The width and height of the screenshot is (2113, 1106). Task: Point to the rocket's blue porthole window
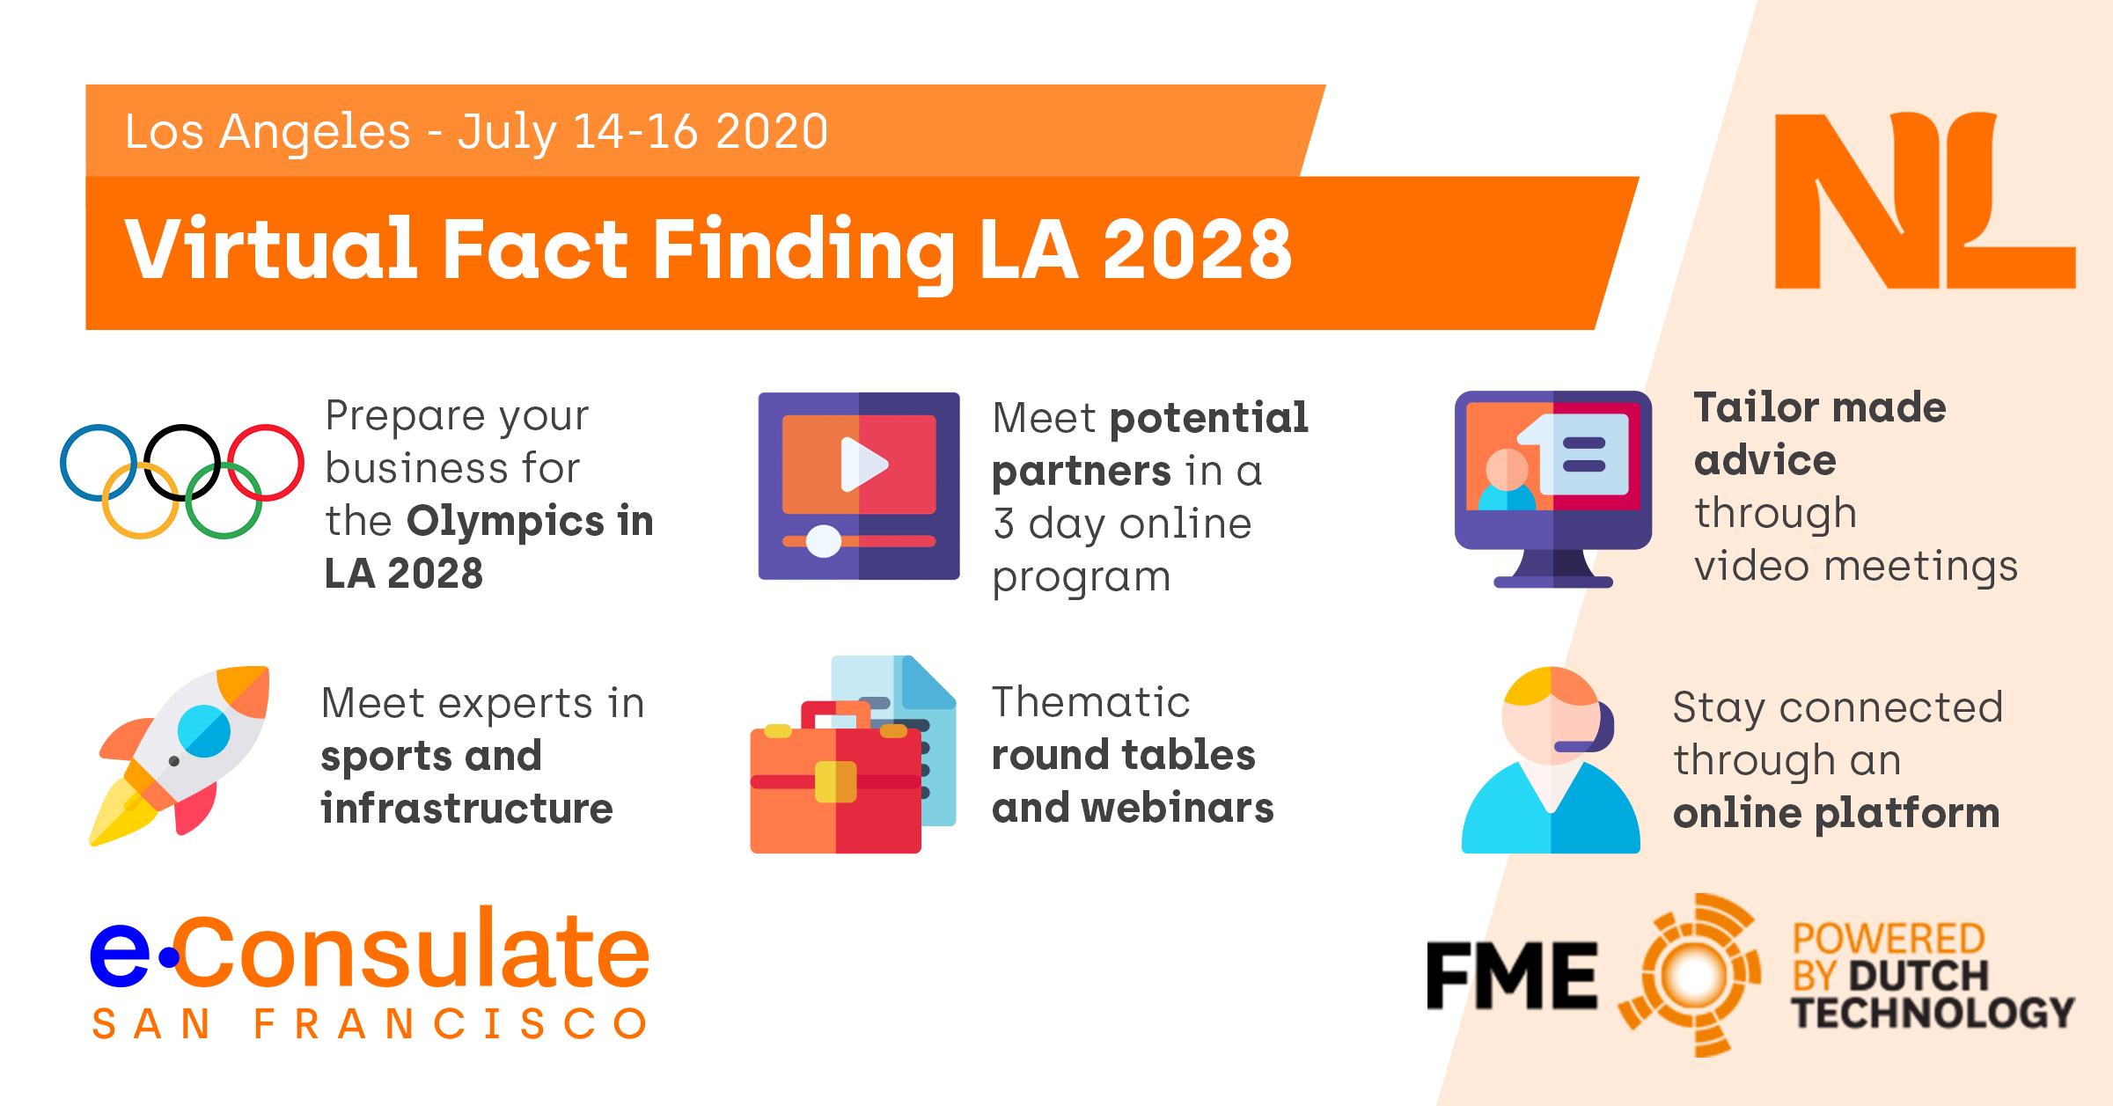(203, 731)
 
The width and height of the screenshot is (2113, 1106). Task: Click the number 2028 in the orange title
(1197, 250)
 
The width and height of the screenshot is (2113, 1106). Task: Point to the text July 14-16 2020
(642, 132)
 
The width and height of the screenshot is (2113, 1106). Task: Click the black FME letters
(1511, 975)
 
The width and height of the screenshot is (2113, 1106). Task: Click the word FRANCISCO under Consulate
(451, 1024)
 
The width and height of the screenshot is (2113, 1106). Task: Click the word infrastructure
(466, 809)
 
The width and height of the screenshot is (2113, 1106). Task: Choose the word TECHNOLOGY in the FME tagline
(1933, 1013)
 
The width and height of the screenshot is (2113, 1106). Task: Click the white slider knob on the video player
(824, 541)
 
